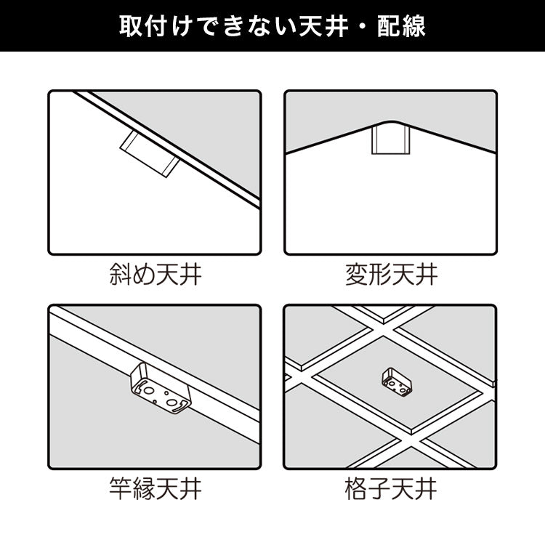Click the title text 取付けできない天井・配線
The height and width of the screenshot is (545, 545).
(272, 26)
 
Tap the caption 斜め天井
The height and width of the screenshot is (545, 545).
(156, 274)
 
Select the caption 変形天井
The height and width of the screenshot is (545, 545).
(392, 274)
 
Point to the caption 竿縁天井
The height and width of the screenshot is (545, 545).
(156, 488)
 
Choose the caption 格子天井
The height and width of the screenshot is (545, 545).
(391, 488)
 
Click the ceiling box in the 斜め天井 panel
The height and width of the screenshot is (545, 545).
(150, 153)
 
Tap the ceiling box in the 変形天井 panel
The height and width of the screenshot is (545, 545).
(391, 140)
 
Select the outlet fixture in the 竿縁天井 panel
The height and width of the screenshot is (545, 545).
(161, 389)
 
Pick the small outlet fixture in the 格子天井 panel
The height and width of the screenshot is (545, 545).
(397, 382)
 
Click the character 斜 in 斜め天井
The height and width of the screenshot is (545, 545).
(121, 274)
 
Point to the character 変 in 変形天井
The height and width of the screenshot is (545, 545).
(357, 274)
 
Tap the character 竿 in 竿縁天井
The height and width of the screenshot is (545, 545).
(121, 488)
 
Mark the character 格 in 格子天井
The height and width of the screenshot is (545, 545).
(356, 488)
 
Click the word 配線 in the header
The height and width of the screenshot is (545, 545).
(401, 26)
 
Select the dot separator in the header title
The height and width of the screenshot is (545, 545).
(363, 27)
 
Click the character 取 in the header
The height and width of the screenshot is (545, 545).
(131, 26)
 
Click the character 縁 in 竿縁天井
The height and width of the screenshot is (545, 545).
(144, 488)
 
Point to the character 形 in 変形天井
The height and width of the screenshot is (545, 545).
(380, 274)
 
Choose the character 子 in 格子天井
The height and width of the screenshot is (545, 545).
(379, 488)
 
